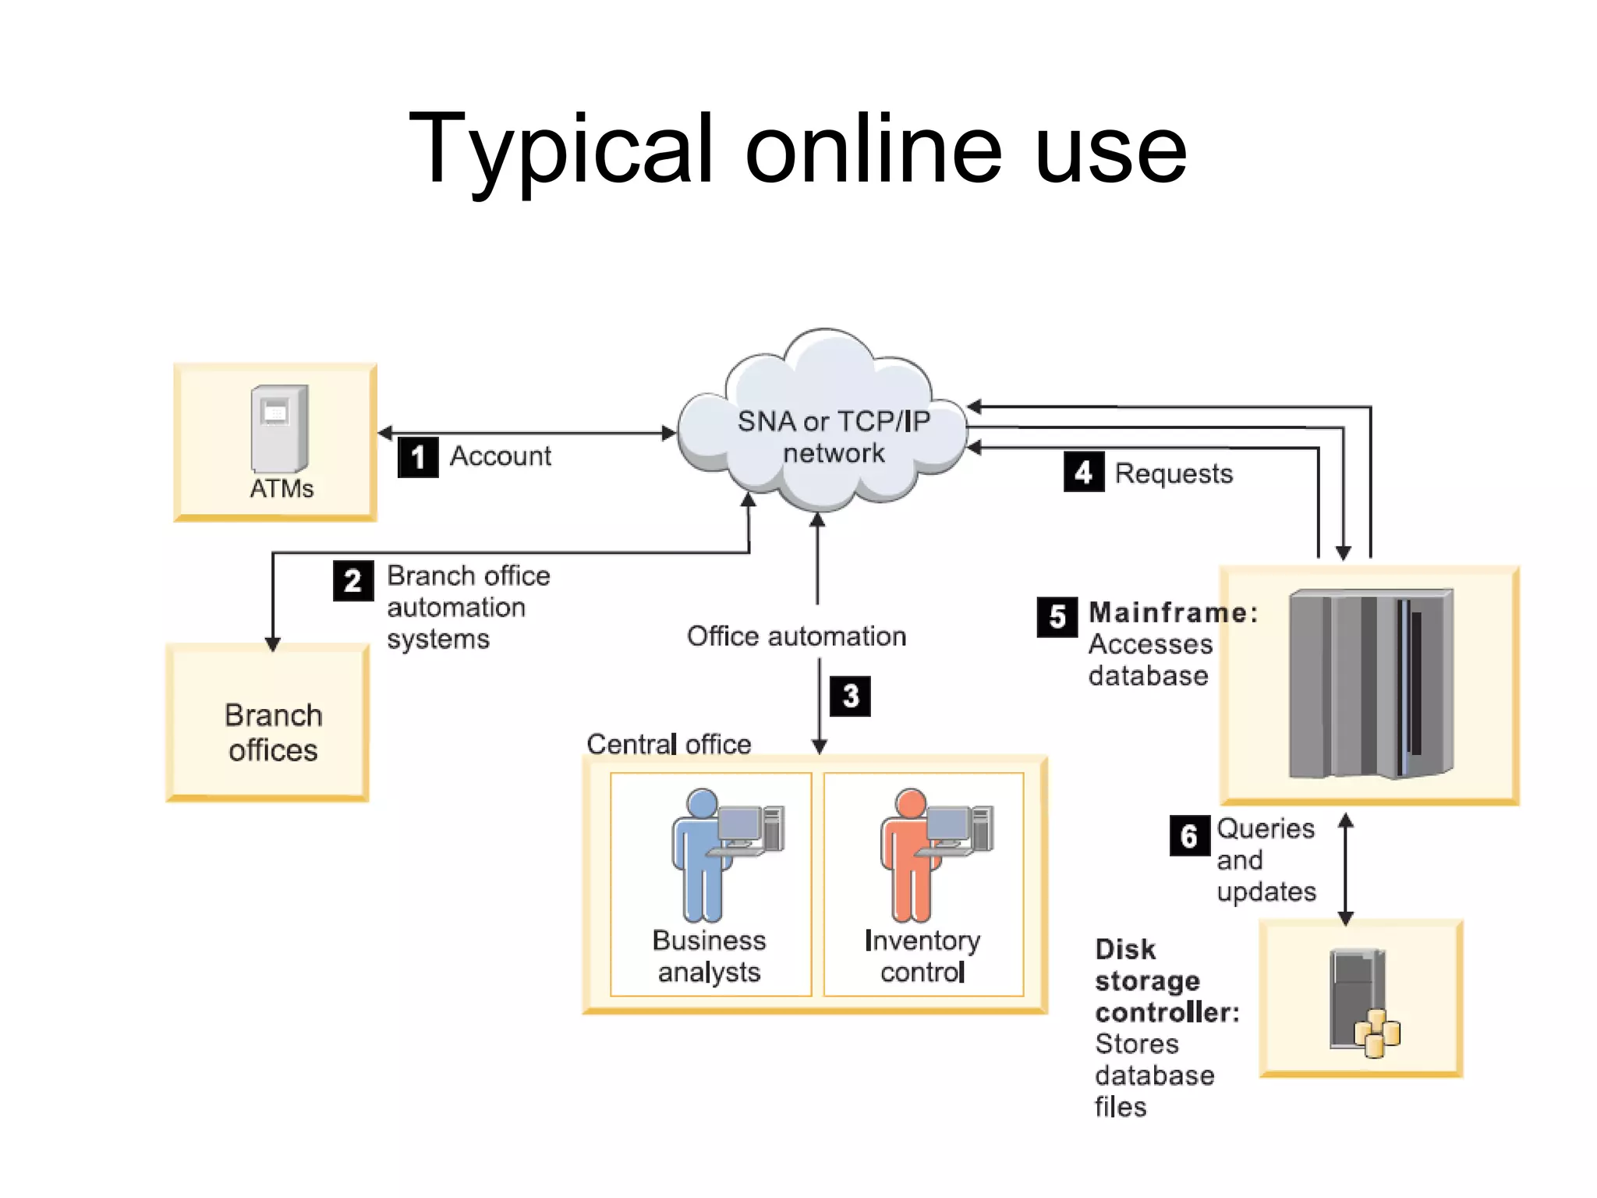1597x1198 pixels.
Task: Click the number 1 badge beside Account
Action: pos(418,457)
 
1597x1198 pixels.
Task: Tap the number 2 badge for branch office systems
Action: pos(353,581)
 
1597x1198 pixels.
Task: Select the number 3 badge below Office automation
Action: pos(850,696)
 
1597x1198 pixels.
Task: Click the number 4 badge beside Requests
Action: pos(1083,472)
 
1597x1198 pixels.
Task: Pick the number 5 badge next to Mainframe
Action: pos(1057,617)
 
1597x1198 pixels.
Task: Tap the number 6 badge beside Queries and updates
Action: pos(1189,836)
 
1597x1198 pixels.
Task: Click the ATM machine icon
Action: pos(279,428)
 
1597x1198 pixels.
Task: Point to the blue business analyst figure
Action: pos(703,855)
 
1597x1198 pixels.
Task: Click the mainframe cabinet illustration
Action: pos(1371,684)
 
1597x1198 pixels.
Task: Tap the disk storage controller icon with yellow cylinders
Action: pos(1364,1002)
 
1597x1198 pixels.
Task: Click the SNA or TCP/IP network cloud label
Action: pos(834,437)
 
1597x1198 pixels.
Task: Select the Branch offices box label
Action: pos(273,732)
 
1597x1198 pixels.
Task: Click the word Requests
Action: pos(1174,473)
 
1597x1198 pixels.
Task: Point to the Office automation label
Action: pos(796,636)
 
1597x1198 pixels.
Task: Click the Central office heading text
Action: pos(668,744)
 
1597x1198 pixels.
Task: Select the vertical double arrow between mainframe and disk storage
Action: pos(1346,869)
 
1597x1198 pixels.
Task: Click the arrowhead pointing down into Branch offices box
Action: pos(273,643)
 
